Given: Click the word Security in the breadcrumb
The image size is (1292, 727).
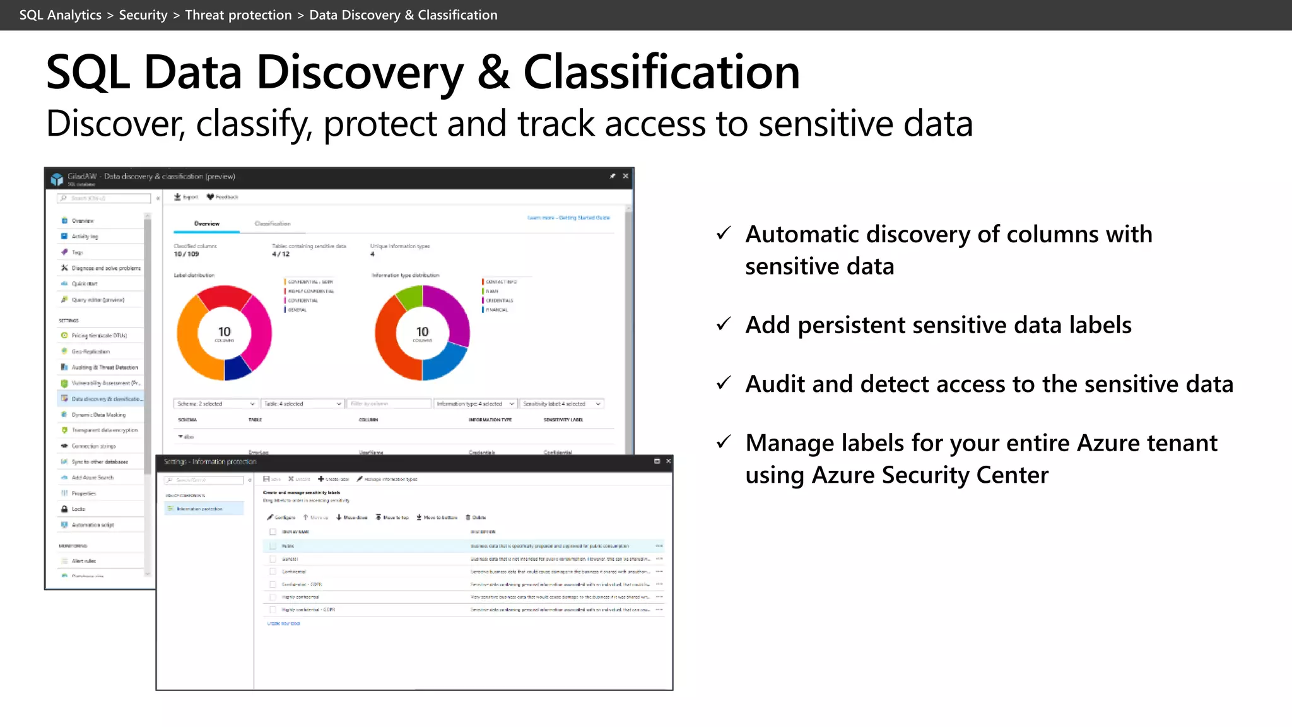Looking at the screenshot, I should [143, 15].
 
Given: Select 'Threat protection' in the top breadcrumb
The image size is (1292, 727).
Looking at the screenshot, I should [238, 15].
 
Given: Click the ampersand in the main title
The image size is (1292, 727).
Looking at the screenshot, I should [493, 72].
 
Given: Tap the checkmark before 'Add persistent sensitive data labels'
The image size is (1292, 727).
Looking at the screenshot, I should [724, 324].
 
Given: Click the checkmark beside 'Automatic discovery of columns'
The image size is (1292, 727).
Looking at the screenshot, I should [724, 233].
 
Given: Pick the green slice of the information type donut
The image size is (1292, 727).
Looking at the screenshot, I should [410, 296].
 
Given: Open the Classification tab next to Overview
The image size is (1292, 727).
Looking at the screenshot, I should [273, 223].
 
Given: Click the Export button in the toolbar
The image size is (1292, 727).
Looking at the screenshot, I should [186, 197].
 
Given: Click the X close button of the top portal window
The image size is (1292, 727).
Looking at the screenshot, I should [625, 176].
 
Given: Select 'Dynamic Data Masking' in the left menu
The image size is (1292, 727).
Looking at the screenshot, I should [98, 415].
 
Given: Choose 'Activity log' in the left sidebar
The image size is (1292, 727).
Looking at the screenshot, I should [85, 236].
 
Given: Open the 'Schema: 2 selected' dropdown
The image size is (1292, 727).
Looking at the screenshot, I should [216, 404].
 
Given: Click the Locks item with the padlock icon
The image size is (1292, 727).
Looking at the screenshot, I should [78, 509].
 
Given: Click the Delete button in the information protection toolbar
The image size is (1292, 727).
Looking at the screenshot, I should [476, 517].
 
